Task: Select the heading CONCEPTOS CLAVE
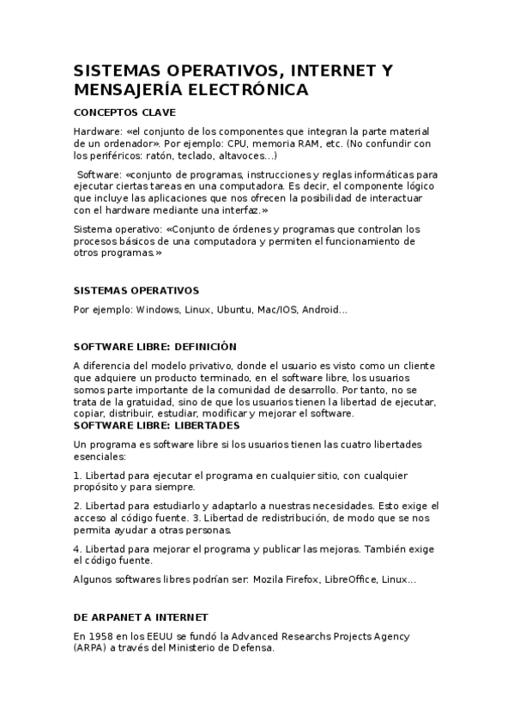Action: pyautogui.click(x=125, y=112)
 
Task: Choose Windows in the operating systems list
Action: pyautogui.click(x=156, y=309)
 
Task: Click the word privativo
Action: pyautogui.click(x=205, y=365)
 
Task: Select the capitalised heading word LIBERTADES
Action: pyautogui.click(x=207, y=425)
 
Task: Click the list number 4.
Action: pyautogui.click(x=77, y=549)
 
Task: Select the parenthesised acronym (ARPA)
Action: pyautogui.click(x=88, y=648)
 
